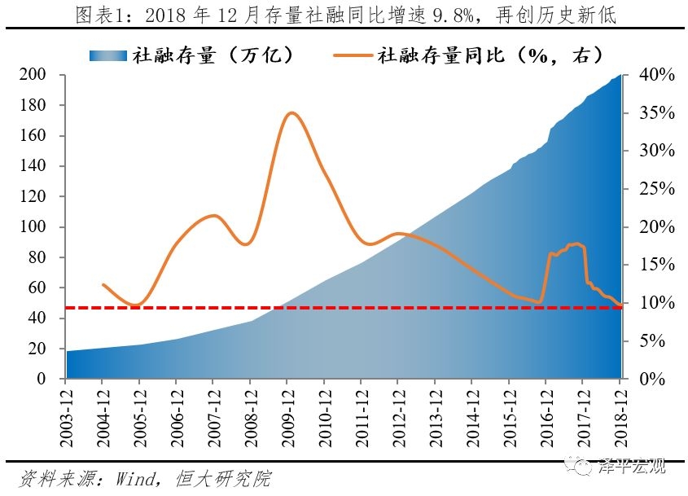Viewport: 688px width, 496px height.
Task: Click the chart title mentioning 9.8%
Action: [344, 15]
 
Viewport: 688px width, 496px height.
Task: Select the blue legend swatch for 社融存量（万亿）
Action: [109, 55]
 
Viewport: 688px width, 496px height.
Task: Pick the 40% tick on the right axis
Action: [655, 75]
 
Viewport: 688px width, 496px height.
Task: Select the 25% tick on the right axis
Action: [655, 189]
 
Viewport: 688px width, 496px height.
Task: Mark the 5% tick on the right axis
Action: [655, 341]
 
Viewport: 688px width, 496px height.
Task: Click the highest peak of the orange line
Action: [291, 113]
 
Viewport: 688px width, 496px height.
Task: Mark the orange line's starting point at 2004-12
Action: [103, 285]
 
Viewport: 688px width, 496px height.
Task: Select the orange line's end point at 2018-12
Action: [620, 305]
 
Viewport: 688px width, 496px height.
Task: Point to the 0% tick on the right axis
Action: [651, 380]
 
